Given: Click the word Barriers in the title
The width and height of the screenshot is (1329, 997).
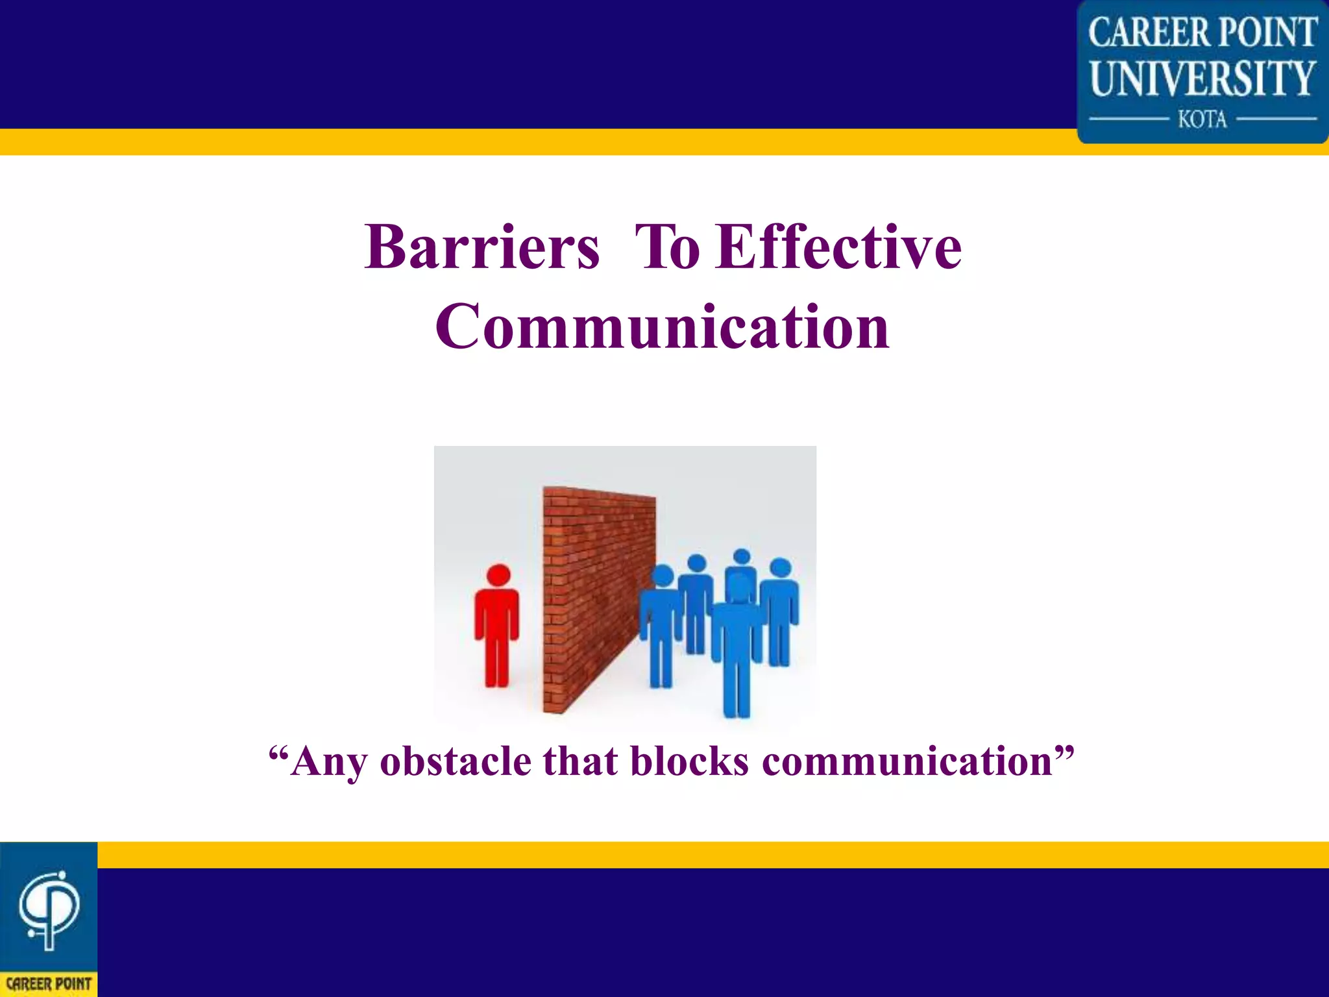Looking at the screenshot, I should tap(482, 248).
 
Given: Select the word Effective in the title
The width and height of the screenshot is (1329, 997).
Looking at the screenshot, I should tap(838, 248).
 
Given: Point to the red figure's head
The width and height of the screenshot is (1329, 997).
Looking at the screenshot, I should tap(498, 575).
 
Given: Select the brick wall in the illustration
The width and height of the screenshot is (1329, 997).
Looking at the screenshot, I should tap(597, 597).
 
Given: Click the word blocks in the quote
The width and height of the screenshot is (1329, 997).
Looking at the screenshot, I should tap(689, 761).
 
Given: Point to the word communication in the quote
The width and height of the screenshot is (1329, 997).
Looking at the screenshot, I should tap(907, 761).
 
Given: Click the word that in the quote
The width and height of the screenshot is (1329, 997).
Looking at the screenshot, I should tap(580, 761).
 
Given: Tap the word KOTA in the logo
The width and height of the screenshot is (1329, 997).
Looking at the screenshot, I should tap(1202, 119).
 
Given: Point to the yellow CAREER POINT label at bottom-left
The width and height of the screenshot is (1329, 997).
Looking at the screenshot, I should tap(49, 984).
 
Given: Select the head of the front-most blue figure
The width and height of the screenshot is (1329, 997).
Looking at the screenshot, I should tap(738, 584).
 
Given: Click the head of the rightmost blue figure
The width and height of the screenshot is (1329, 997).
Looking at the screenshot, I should tap(780, 568).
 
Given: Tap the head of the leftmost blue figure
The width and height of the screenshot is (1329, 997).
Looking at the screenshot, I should tap(663, 575).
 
